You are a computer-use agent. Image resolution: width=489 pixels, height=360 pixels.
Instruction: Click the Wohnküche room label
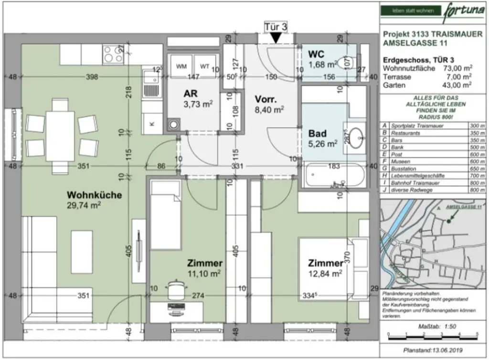pyautogui.click(x=94, y=195)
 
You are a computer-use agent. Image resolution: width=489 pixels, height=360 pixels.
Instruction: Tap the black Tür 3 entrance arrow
pyautogui.click(x=276, y=39)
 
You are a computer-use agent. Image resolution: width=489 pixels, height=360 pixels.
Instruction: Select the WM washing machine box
pyautogui.click(x=181, y=66)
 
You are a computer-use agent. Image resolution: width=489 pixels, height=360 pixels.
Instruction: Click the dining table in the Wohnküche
pyautogui.click(x=60, y=136)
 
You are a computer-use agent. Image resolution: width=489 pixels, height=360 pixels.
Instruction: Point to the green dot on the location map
pyautogui.click(x=449, y=221)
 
